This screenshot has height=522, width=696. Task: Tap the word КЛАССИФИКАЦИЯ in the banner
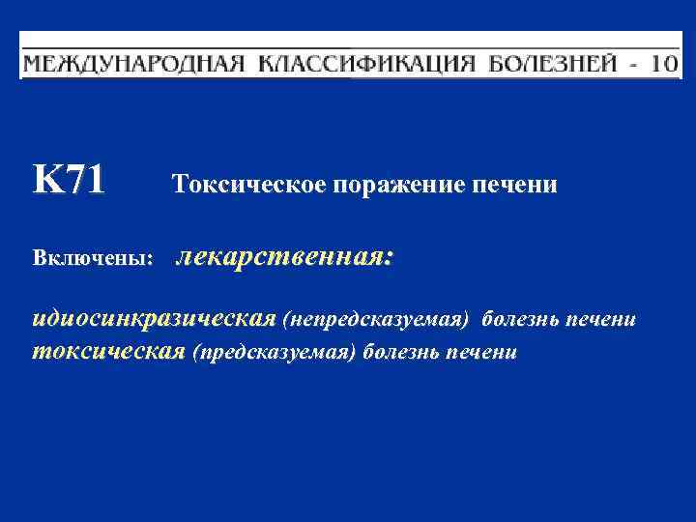367,65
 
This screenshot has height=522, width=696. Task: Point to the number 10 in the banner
663,65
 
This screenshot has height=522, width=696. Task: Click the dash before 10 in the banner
632,65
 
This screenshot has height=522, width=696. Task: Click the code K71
69,180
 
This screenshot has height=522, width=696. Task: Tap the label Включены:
94,260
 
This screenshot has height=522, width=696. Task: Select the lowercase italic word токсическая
109,351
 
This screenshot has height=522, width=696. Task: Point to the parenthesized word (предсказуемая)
275,352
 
